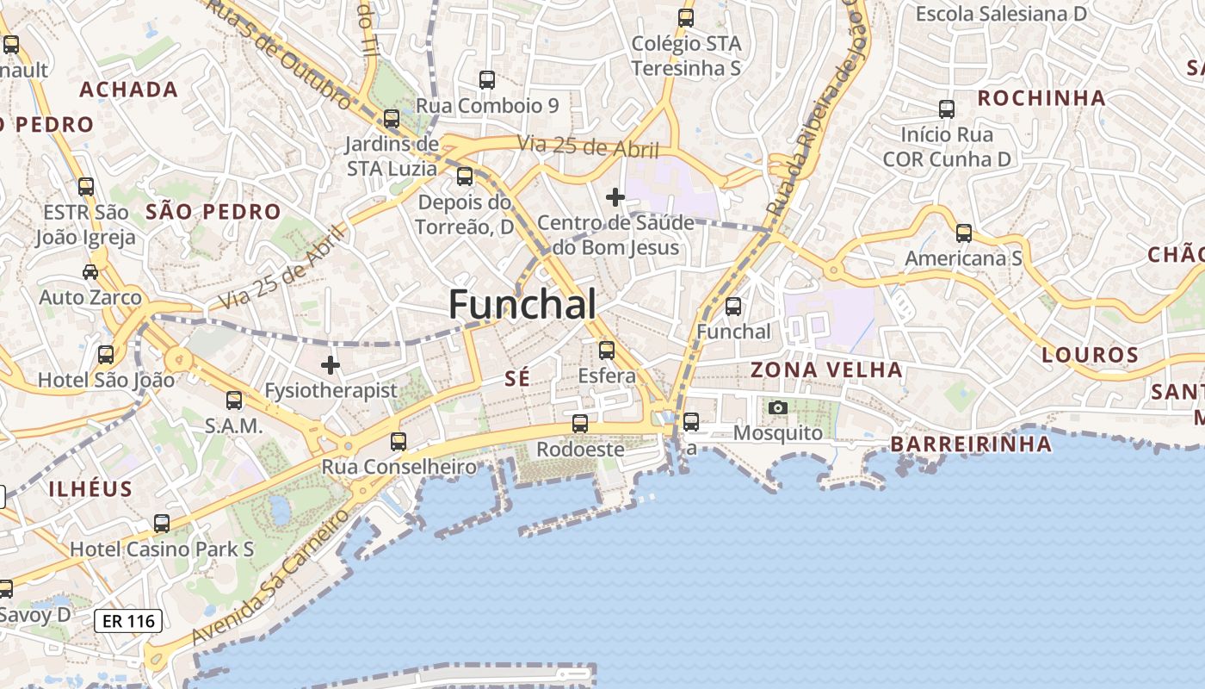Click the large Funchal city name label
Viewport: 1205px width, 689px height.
tap(522, 305)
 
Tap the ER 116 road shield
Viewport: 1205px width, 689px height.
tap(128, 620)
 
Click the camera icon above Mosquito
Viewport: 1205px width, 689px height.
tap(778, 407)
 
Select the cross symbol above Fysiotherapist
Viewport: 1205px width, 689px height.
tap(331, 365)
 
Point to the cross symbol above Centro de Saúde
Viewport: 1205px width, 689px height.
tap(615, 197)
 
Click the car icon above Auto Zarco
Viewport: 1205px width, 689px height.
tap(90, 272)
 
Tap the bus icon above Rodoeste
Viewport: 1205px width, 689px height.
tap(580, 424)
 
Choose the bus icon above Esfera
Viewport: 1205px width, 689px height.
tap(607, 351)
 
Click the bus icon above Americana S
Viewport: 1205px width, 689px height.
tap(964, 233)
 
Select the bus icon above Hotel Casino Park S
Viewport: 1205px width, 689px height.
tap(162, 523)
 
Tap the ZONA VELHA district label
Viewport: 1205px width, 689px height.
tap(827, 370)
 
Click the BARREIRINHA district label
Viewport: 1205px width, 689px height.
tap(971, 444)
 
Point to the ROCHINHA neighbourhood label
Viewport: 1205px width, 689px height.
tap(1041, 98)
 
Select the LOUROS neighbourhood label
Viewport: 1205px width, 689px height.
tap(1091, 355)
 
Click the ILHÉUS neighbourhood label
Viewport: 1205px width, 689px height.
tap(90, 489)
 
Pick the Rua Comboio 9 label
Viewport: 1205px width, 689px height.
tap(488, 106)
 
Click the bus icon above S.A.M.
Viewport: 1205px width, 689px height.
tap(234, 400)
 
